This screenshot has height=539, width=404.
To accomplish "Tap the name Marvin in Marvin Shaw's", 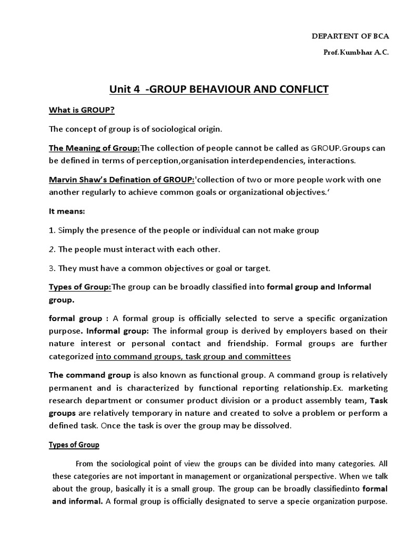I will (x=63, y=179).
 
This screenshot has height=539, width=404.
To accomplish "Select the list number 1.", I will (x=52, y=230).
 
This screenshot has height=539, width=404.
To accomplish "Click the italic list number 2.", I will (x=52, y=249).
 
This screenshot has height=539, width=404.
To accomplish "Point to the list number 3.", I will (x=52, y=268).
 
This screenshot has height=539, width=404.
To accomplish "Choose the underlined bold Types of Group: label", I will (x=80, y=287).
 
